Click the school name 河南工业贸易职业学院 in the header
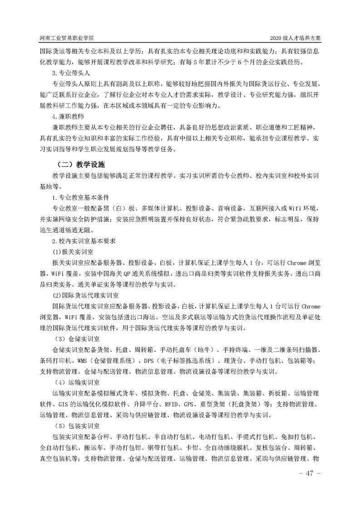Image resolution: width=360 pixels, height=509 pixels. click(x=69, y=37)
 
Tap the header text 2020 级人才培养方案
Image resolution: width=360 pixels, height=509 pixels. click(x=295, y=37)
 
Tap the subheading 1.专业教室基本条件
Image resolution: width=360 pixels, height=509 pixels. click(x=79, y=198)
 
